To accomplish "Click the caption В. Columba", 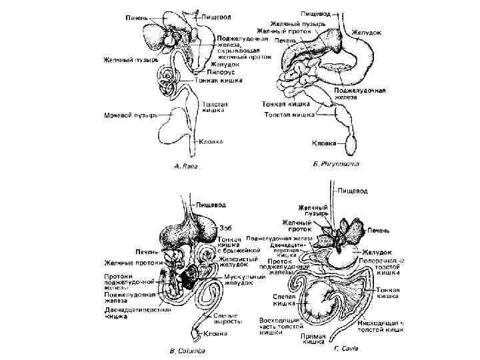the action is [187, 349].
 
